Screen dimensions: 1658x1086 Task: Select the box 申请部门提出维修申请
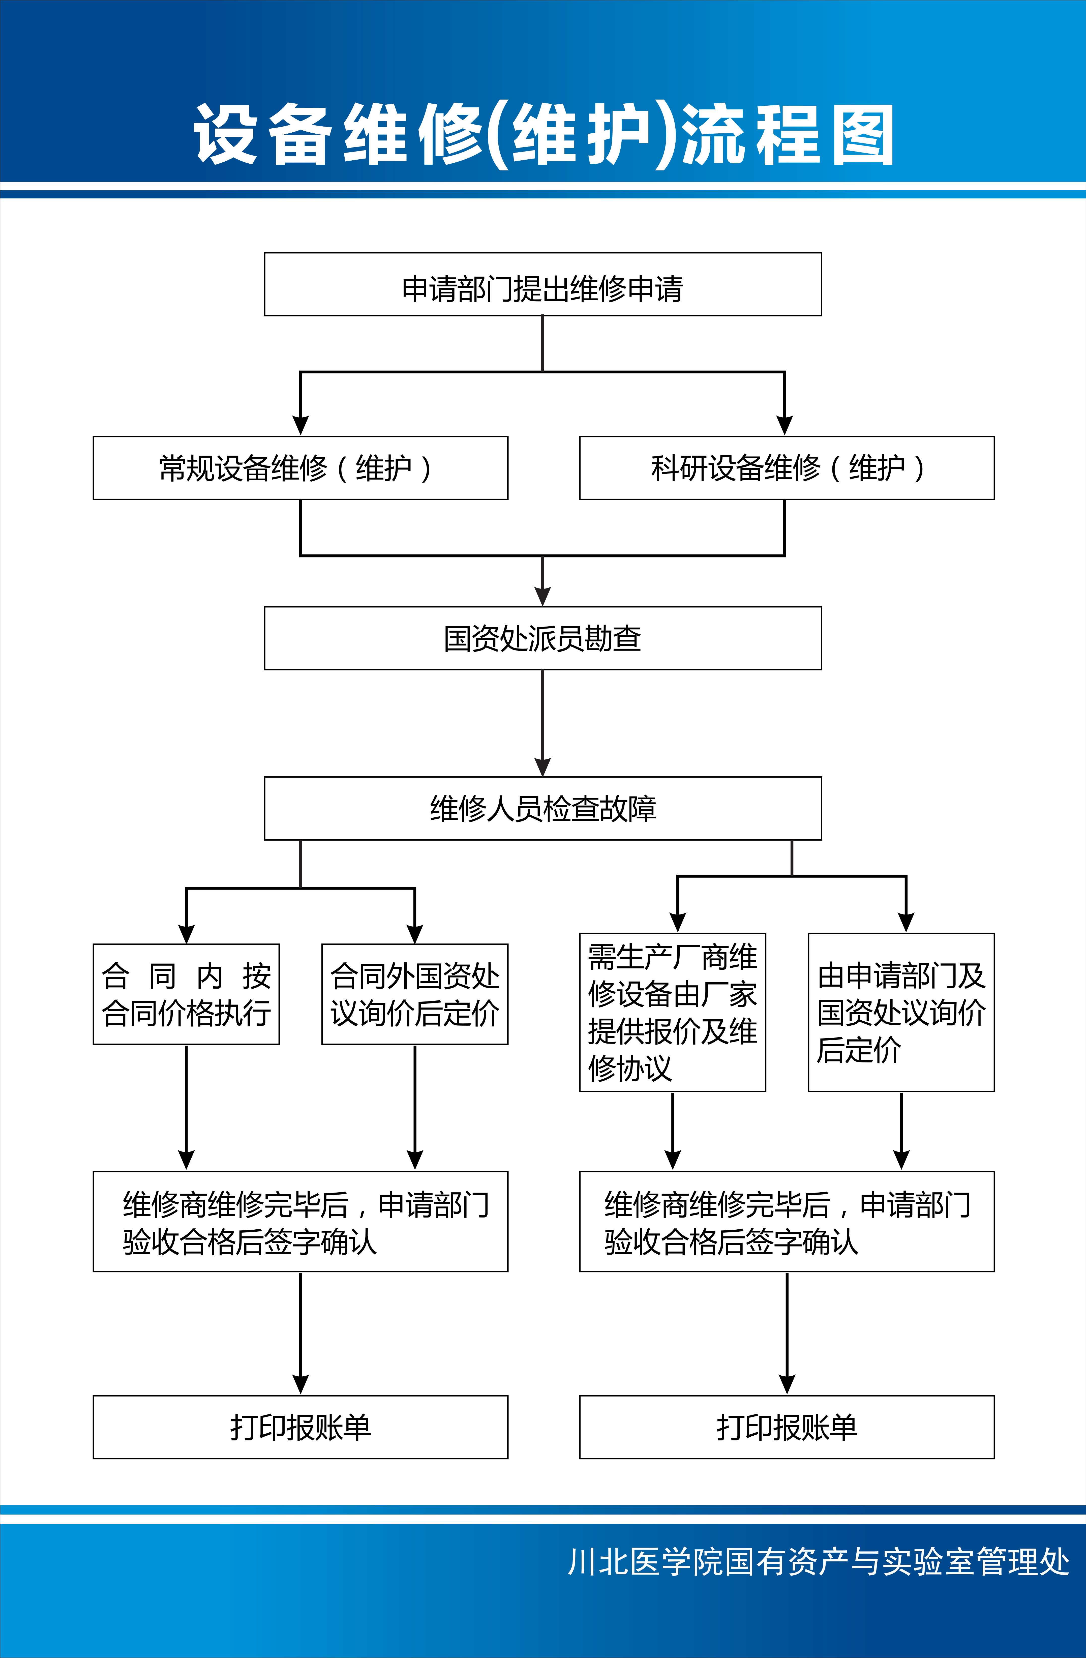click(543, 284)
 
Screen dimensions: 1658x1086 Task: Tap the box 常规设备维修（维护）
click(300, 468)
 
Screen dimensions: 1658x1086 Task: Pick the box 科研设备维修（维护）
click(787, 468)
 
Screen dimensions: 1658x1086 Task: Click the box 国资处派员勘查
click(543, 638)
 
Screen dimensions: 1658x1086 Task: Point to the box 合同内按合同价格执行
click(186, 994)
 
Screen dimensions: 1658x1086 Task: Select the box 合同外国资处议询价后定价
click(414, 994)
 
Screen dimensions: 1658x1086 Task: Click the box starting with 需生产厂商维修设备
click(672, 1012)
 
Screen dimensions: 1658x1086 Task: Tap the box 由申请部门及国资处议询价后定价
click(901, 1012)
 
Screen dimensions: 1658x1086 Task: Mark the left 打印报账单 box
click(300, 1427)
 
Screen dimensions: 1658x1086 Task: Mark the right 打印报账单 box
click(787, 1427)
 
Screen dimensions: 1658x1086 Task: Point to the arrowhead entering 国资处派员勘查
click(543, 596)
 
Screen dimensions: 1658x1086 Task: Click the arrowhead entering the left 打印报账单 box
click(300, 1384)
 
